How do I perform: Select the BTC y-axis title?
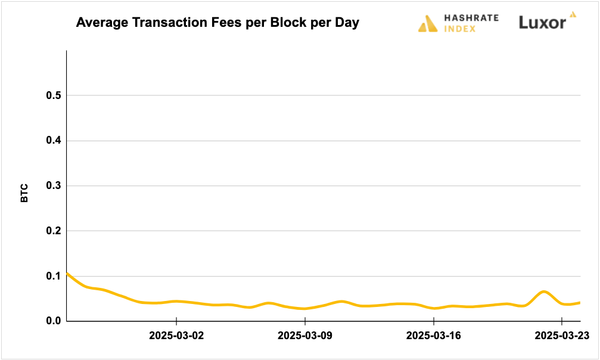24,193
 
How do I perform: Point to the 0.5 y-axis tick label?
53,96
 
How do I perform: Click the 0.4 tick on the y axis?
53,141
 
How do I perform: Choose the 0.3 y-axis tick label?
53,186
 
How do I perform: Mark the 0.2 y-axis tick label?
53,231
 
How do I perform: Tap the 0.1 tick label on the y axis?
53,276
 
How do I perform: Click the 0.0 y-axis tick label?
53,321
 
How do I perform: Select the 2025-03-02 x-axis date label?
176,336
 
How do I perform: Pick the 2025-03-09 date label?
305,336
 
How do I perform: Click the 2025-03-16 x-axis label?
433,336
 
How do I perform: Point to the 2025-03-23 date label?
562,336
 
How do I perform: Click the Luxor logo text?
542,23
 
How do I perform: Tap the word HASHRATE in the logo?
471,18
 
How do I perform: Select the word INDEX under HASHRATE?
459,29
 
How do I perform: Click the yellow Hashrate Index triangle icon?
428,23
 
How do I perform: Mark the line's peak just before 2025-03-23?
543,291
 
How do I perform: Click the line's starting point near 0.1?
67,273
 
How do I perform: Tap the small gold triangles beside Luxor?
573,14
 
